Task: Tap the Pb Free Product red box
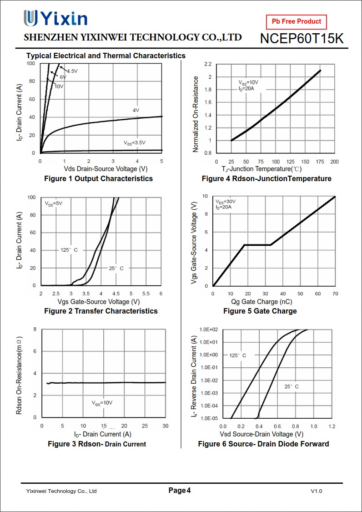click(x=297, y=21)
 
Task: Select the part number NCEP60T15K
click(x=302, y=39)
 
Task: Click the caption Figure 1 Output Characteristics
click(x=98, y=178)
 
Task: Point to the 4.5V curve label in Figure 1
click(x=72, y=71)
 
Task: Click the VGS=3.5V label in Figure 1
click(x=135, y=142)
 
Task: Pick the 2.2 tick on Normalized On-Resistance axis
click(x=208, y=64)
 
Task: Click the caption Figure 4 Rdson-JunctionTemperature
click(x=266, y=178)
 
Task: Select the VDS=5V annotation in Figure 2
click(x=54, y=203)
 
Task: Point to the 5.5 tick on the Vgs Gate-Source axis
click(x=146, y=294)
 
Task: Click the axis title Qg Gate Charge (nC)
click(x=261, y=302)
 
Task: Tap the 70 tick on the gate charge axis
click(x=335, y=294)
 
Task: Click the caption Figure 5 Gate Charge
click(x=260, y=311)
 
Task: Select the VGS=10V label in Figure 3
click(x=102, y=403)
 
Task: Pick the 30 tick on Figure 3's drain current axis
click(x=166, y=426)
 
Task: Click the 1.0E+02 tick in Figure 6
click(x=209, y=329)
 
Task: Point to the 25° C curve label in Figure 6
click(x=292, y=386)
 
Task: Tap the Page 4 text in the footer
click(x=180, y=490)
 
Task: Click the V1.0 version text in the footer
click(x=317, y=491)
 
